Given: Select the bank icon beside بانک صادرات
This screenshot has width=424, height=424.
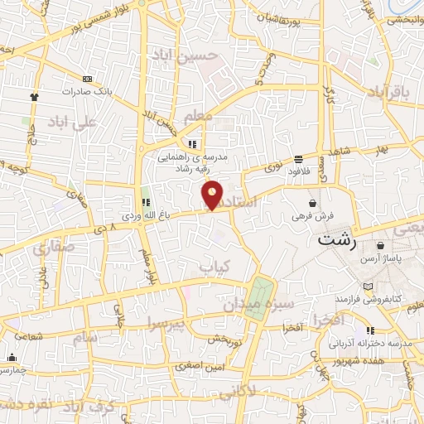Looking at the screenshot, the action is click(88, 79).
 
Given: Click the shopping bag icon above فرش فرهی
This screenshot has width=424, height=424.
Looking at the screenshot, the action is click(313, 203).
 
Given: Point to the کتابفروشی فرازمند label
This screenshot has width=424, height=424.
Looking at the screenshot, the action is click(368, 296).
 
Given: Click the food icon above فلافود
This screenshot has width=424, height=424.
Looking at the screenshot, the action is click(297, 159).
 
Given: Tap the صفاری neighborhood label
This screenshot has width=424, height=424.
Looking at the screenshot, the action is click(54, 246).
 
